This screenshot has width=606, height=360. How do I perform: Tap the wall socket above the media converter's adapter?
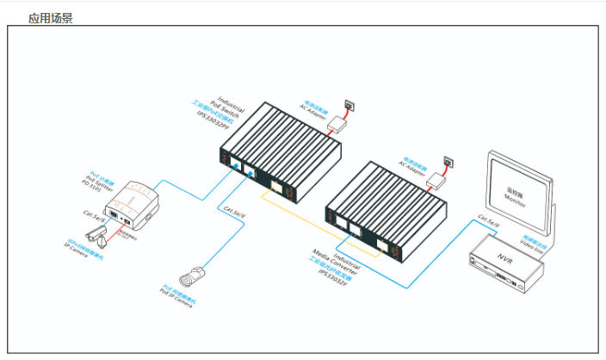(448, 161)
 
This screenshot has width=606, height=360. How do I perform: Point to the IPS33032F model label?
(332, 267)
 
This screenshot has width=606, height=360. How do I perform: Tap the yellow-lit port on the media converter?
(381, 243)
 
